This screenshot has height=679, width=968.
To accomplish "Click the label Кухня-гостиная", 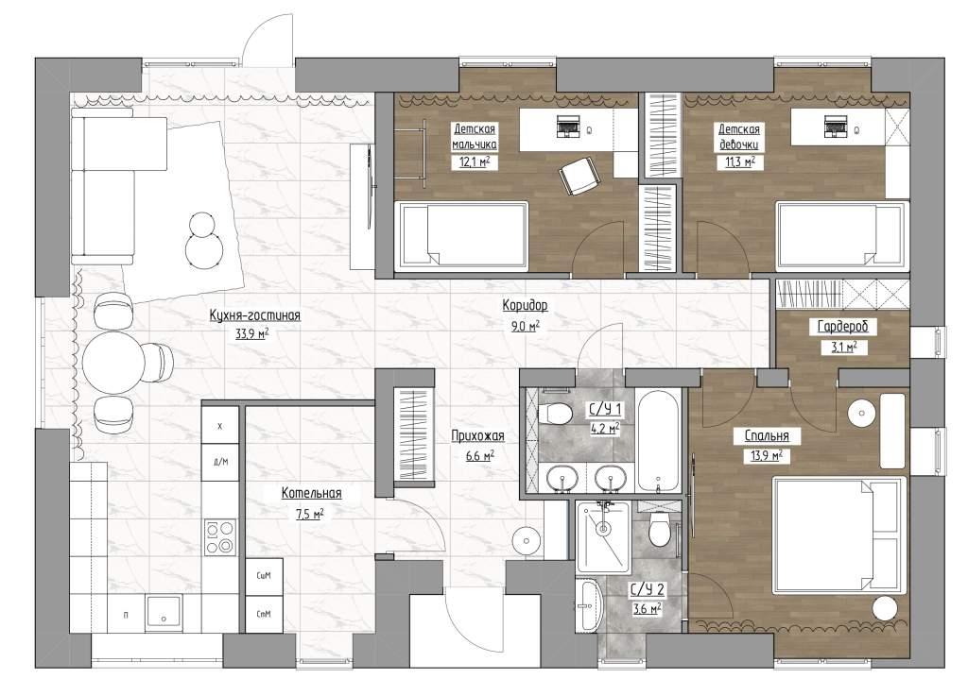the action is point(254,315).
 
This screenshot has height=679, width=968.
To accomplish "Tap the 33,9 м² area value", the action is point(251,333).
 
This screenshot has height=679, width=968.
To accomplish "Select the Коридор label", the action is point(525,305).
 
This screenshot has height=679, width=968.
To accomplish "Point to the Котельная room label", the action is point(311,493).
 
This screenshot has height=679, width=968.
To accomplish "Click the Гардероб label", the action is point(842,327).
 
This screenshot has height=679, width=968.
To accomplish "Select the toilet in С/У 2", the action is point(659,530).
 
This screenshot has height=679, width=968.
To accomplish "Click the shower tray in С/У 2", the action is point(602,536).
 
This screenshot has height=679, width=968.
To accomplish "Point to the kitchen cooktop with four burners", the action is point(219,537).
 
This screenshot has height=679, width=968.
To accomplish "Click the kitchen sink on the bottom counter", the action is point(164,612).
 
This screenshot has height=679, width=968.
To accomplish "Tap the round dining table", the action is point(113,363).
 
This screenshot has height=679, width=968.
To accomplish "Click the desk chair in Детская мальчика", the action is point(579,176).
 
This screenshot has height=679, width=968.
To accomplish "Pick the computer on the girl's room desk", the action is point(834,126).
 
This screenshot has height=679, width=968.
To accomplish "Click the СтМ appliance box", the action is point(264,614).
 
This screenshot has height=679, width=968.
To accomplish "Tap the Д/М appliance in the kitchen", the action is point(220,461).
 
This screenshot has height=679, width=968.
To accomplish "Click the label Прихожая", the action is point(477,436).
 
